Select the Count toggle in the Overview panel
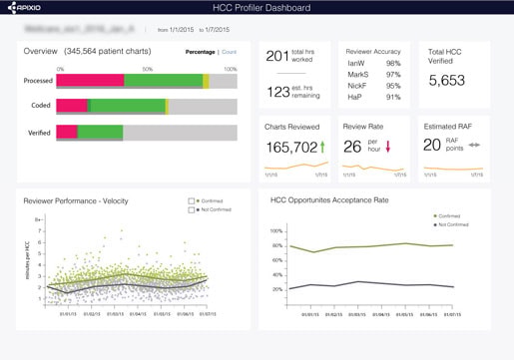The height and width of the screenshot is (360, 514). point(231,50)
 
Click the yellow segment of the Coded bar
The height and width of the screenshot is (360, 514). point(167,105)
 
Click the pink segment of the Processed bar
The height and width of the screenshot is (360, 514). point(90,80)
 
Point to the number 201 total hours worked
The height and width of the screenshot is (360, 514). point(277,56)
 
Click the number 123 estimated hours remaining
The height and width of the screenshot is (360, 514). point(277,92)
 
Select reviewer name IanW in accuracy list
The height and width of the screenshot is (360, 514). point(354,62)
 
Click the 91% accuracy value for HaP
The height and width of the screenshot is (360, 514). point(393,97)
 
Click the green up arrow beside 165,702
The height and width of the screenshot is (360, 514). point(324,147)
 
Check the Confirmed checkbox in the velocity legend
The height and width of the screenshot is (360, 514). point(192,200)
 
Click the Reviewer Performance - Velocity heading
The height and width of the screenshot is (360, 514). point(76,200)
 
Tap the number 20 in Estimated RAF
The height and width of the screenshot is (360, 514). point(432,146)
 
